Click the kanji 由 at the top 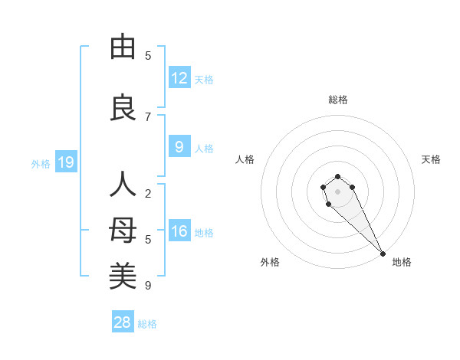point(123,47)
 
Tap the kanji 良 point(123,107)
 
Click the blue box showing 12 point(179,78)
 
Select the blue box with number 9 point(179,147)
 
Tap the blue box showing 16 point(179,231)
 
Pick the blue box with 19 point(65,162)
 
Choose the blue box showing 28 point(122,322)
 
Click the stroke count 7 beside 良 point(148,116)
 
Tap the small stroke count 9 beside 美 point(148,286)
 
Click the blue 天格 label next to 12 point(204,79)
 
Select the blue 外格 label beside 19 point(41,163)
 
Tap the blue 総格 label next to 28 point(147,323)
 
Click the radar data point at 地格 point(383,254)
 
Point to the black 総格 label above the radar point(338,100)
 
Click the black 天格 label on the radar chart point(431,159)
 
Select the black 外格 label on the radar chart point(270,262)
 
